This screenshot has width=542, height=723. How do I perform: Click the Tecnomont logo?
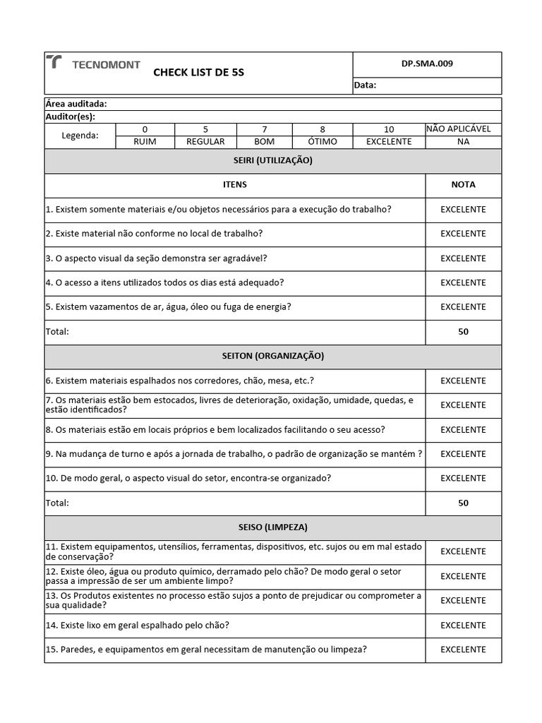pos(93,64)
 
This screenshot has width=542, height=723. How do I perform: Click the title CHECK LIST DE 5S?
pos(198,73)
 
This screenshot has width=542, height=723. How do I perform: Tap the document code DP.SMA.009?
pos(427,64)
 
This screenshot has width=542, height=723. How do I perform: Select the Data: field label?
pos(366,85)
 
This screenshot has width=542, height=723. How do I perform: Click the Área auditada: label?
pos(76,104)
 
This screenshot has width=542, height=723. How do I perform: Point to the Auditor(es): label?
pos(70,116)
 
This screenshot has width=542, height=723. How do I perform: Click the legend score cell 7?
pos(265,129)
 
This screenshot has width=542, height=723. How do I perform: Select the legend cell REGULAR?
pos(205,141)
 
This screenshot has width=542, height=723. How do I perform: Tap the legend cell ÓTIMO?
pos(323,141)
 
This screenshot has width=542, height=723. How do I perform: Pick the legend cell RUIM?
pos(145,141)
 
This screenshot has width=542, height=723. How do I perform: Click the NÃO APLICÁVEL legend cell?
pos(463,129)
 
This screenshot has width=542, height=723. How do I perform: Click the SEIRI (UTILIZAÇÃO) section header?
pos(272,160)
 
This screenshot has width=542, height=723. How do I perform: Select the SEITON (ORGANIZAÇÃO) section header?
pos(272,356)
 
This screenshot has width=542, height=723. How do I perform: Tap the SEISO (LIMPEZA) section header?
pos(272,527)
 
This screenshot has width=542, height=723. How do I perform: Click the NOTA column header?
pos(463,184)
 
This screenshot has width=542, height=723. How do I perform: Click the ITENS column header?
pos(234,184)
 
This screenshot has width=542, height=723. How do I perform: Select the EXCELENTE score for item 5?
pos(463,307)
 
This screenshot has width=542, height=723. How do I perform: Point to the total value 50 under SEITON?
pos(463,503)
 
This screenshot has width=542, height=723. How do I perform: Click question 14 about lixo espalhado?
pos(138,625)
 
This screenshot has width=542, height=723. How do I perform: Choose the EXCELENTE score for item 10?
pos(463,478)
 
